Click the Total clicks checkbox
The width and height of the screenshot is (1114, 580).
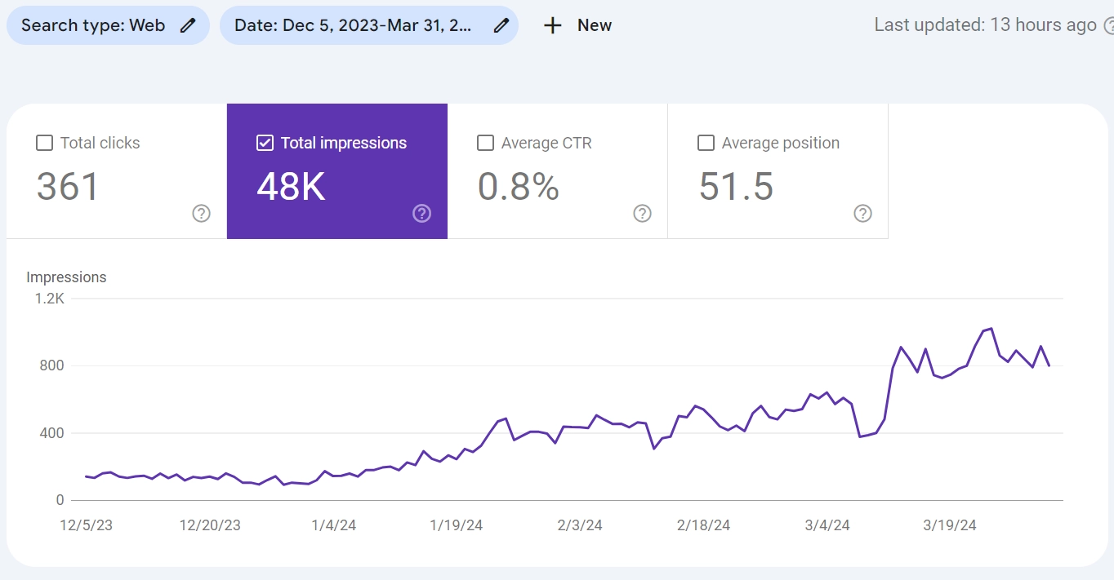tap(44, 143)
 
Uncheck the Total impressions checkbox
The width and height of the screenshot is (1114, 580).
tap(265, 143)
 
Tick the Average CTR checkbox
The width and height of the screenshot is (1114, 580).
tap(485, 143)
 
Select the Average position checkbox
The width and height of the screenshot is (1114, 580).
tap(706, 143)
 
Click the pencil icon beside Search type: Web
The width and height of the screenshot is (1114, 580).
tap(188, 25)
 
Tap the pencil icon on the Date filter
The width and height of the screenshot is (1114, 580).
tap(501, 25)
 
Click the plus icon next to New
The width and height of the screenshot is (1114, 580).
tap(553, 25)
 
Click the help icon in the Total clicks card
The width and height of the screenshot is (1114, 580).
tap(202, 214)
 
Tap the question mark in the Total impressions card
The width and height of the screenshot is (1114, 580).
tap(421, 214)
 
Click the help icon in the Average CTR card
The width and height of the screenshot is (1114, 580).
tap(642, 214)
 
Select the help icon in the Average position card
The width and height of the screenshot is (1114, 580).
tap(862, 214)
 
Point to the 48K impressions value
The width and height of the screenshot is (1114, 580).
tap(291, 187)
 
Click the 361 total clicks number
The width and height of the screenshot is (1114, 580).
tap(67, 187)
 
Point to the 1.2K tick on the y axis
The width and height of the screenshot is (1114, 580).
tap(49, 299)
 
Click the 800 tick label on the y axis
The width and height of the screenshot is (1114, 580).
tap(51, 365)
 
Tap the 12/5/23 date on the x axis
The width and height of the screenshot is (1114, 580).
tap(86, 525)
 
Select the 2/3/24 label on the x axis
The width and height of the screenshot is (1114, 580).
tap(580, 525)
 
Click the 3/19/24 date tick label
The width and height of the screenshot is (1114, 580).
tap(950, 525)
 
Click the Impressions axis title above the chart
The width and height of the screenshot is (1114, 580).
tap(66, 277)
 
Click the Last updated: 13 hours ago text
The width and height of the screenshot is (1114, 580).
tap(985, 24)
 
